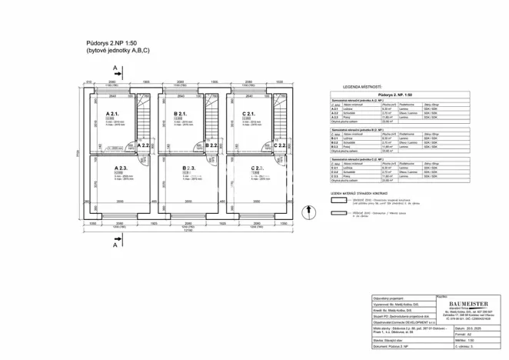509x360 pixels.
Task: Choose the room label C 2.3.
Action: (x=258, y=168)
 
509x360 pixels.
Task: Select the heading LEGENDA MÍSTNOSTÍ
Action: (x=366, y=88)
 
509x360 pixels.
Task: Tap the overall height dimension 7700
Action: (x=78, y=155)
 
